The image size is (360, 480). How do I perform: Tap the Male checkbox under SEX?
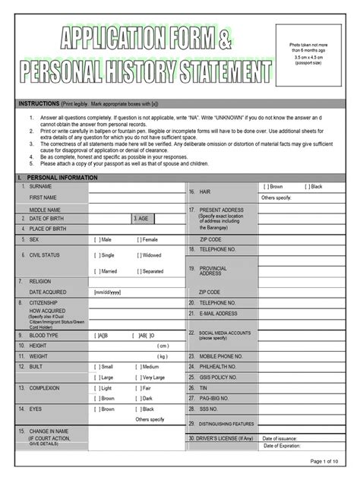[x=98, y=239]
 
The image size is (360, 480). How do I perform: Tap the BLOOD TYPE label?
[x=46, y=334]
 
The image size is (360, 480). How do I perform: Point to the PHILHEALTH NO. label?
[x=219, y=366]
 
